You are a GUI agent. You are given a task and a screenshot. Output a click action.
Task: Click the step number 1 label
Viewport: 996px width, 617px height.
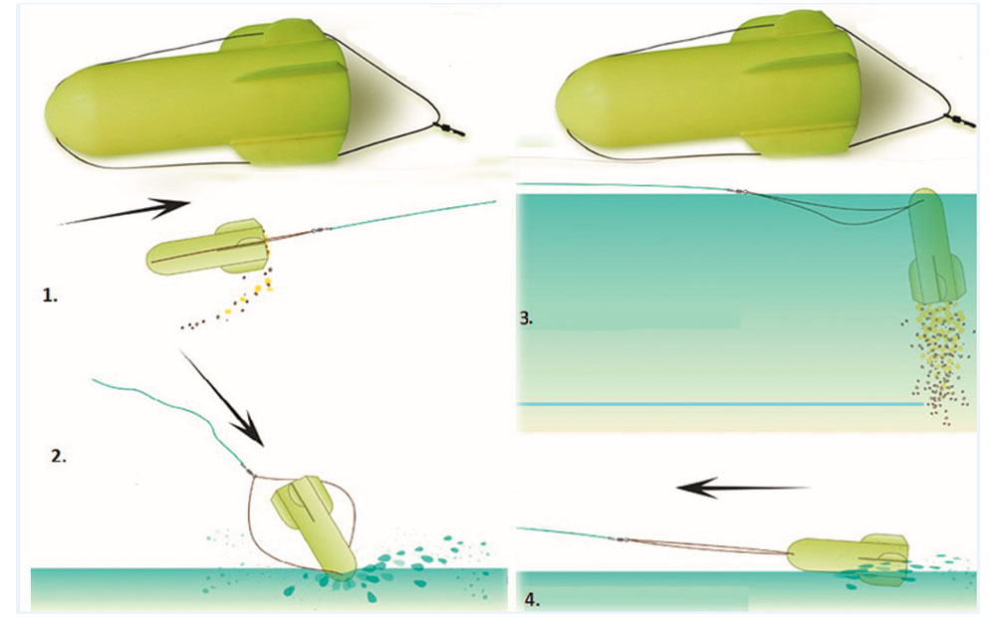tap(50, 296)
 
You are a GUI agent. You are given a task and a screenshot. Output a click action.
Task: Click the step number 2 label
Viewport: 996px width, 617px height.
tap(59, 456)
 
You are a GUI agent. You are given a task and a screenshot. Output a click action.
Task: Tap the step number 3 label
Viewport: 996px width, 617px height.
tap(526, 318)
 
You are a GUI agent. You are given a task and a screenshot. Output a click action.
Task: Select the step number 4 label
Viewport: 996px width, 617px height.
tap(532, 599)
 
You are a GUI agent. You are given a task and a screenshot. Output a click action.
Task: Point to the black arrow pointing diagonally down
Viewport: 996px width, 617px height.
tap(221, 397)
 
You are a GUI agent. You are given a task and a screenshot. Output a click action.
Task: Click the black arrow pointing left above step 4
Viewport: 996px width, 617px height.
tap(743, 488)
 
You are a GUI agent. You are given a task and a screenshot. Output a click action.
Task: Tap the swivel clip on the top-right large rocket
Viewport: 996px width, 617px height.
tap(961, 120)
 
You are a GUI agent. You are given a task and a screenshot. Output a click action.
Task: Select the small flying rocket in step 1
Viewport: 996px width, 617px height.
tap(207, 247)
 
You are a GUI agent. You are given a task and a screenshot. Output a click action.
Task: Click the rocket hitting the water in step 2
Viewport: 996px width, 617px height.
tap(311, 524)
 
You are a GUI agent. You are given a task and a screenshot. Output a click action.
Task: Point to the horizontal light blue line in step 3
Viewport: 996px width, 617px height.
tap(720, 404)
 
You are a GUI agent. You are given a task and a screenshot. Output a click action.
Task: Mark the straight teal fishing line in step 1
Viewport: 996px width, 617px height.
tap(413, 215)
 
